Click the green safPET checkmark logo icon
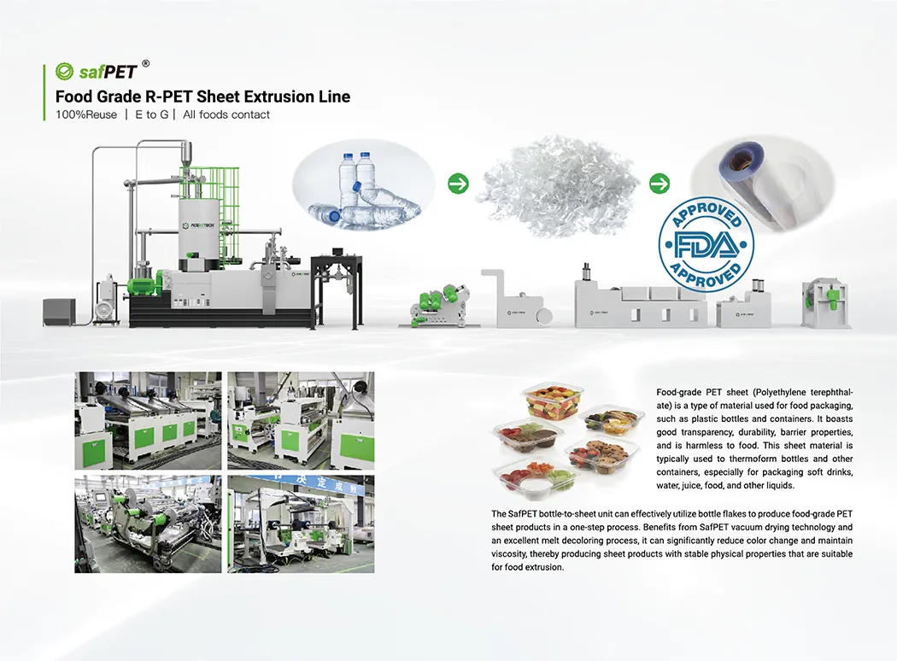click(64, 71)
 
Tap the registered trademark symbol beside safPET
click(145, 63)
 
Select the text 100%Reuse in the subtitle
click(86, 114)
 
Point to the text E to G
click(151, 114)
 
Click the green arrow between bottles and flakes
click(458, 184)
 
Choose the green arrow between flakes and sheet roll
click(660, 184)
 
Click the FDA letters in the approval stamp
click(706, 245)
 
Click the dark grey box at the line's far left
click(59, 313)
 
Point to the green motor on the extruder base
click(142, 286)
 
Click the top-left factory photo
click(148, 421)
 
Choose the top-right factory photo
click(301, 421)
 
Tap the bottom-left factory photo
click(148, 524)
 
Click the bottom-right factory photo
click(301, 524)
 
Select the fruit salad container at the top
click(553, 404)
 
